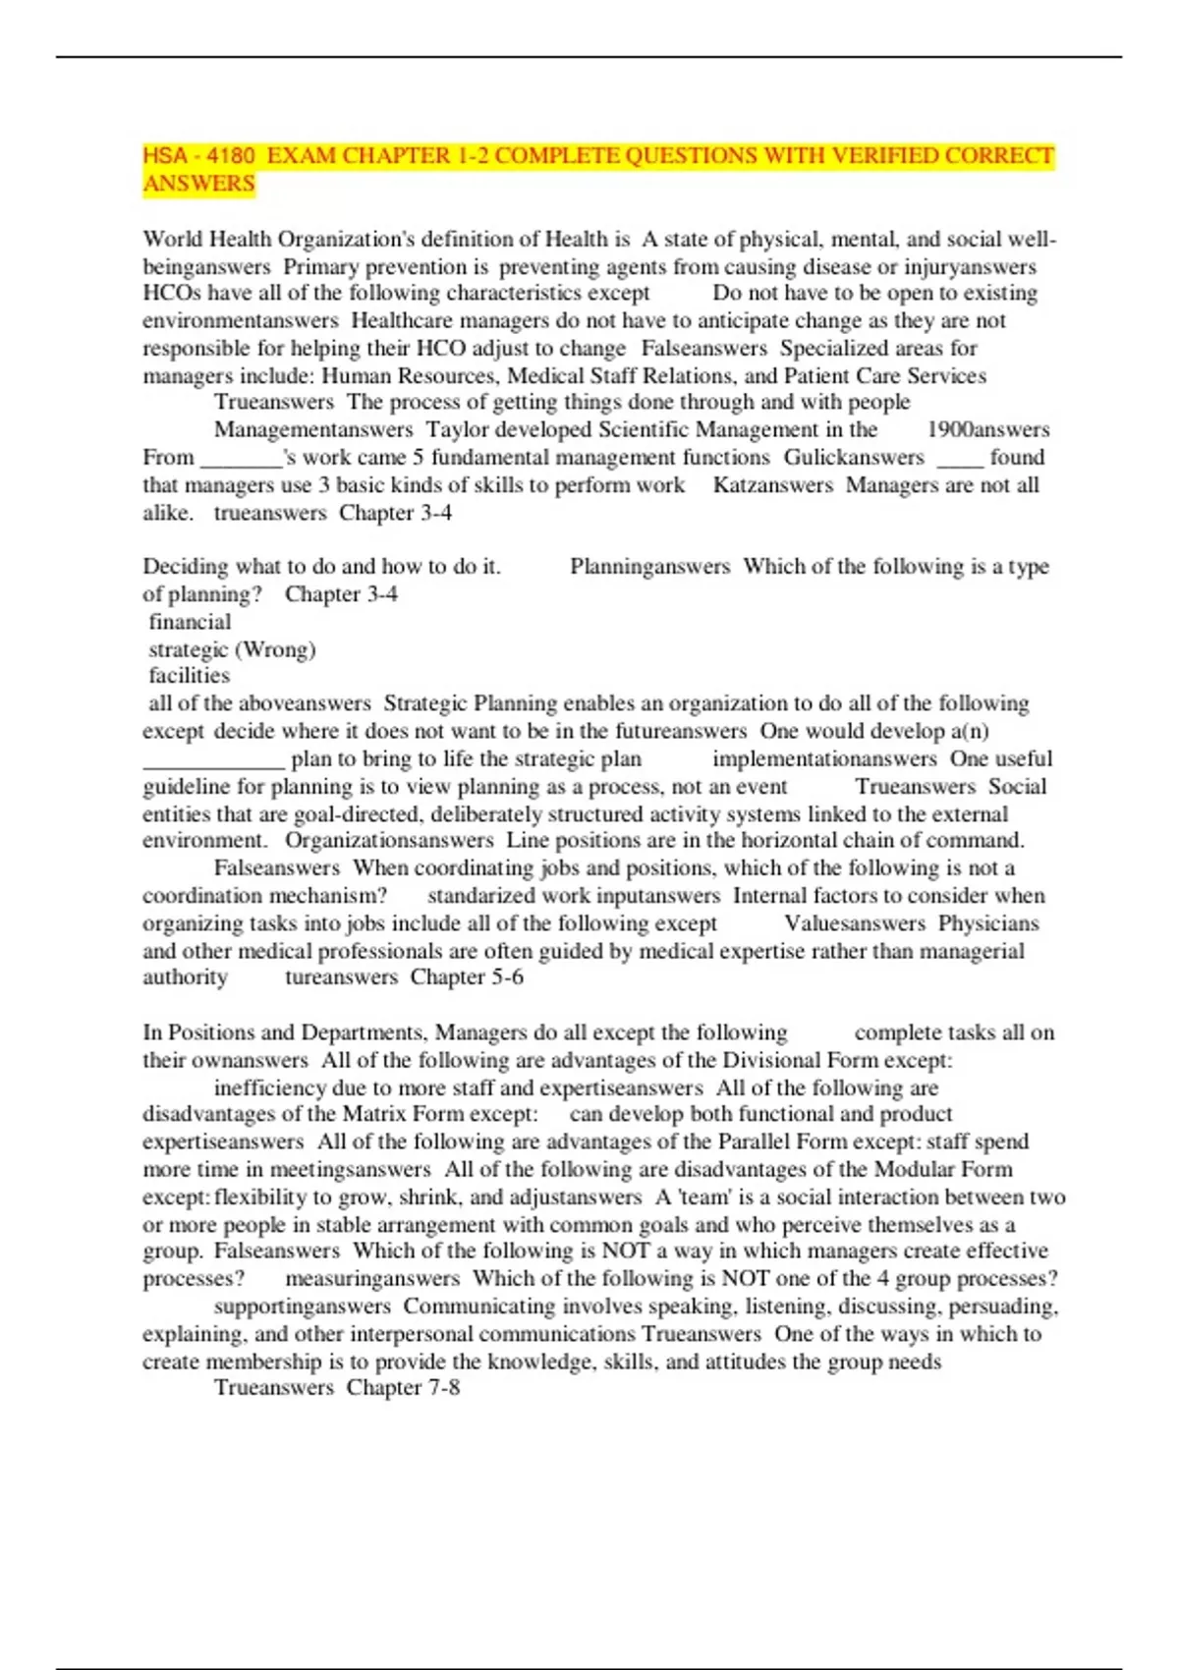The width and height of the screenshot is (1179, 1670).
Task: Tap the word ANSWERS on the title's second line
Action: click(x=199, y=184)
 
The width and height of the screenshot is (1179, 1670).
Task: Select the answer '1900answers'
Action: click(x=987, y=430)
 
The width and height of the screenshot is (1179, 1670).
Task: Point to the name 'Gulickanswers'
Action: click(x=854, y=458)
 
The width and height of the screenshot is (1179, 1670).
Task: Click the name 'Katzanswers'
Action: click(x=772, y=485)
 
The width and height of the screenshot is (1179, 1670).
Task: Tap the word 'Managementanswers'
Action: click(x=313, y=430)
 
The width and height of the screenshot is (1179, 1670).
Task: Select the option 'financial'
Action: click(x=190, y=622)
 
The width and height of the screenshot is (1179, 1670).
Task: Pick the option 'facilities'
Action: click(x=189, y=676)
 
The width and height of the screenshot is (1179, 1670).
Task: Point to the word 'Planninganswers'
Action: click(x=649, y=567)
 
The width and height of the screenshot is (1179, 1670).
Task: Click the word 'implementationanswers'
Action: click(x=824, y=759)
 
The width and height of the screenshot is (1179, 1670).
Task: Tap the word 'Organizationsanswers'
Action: click(x=389, y=841)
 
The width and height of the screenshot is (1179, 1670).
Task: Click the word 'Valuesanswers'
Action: click(x=855, y=923)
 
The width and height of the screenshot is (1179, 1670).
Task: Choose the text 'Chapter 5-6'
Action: click(x=467, y=977)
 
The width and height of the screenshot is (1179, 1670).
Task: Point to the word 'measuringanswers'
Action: click(x=372, y=1279)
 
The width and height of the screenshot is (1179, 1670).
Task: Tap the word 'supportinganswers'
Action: click(x=303, y=1307)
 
